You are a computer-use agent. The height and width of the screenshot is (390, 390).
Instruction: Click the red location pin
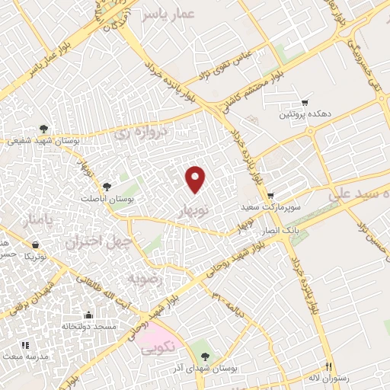coord(196,178)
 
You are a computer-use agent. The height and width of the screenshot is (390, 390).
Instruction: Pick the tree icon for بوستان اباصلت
coord(106,186)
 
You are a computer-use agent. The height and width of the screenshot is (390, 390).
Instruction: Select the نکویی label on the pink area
coord(158,347)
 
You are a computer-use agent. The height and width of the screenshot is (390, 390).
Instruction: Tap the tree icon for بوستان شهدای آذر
coord(203,356)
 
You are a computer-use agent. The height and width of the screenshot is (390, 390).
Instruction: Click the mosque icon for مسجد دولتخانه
coord(89,315)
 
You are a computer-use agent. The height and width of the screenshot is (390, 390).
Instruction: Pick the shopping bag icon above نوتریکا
coord(36,245)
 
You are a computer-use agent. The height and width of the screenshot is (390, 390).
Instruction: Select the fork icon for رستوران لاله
coord(329,366)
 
